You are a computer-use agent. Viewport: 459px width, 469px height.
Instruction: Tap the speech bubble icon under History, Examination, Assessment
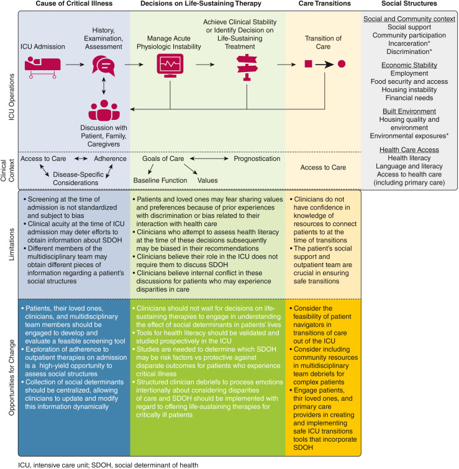tap(104, 65)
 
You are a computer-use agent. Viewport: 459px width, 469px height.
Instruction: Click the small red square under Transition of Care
tap(307, 64)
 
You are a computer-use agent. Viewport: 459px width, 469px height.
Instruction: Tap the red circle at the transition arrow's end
tap(341, 64)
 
